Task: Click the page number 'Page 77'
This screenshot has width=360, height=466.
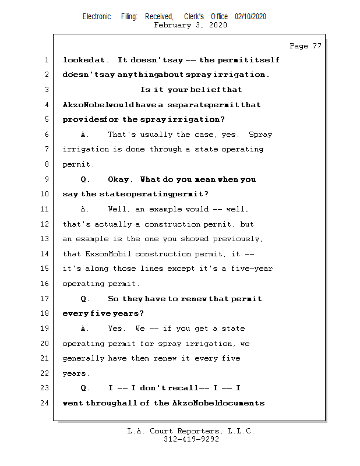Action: [305, 46]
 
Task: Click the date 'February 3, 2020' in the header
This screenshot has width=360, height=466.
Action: [190, 25]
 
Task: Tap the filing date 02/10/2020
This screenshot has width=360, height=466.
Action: [250, 17]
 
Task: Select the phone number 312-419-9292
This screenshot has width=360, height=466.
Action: [191, 439]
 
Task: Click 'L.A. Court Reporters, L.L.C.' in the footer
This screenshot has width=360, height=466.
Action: [191, 431]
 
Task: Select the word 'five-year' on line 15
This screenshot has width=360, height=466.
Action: [252, 269]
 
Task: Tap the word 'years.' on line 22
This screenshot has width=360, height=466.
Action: [76, 373]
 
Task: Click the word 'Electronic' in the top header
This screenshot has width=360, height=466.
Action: [97, 17]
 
